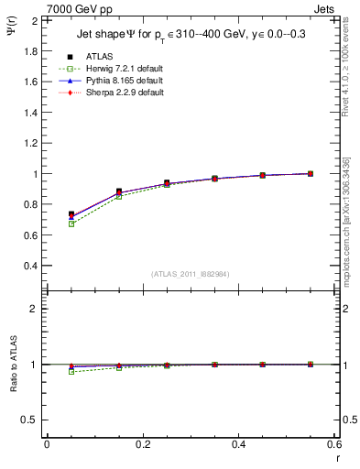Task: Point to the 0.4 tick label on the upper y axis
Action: point(30,266)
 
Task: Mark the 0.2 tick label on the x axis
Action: point(142,444)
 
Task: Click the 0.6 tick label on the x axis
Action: point(334,444)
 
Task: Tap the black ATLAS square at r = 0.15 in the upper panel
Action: point(119,191)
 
